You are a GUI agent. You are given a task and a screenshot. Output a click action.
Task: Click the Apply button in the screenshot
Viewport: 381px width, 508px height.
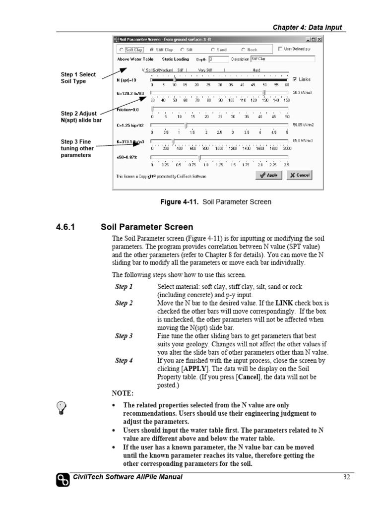pos(269,175)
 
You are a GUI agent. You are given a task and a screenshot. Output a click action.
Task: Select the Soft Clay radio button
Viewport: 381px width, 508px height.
pos(122,50)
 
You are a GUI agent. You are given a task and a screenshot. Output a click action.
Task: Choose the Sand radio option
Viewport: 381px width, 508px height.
pos(213,50)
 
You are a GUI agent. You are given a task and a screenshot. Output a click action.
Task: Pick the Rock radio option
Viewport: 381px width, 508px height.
pos(244,50)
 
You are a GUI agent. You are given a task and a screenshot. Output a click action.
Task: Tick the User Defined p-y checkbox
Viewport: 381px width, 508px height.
pos(281,49)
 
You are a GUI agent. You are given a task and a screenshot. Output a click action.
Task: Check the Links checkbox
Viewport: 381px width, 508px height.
pos(295,79)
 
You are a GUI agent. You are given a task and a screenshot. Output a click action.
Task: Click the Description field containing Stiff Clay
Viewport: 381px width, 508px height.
pos(283,59)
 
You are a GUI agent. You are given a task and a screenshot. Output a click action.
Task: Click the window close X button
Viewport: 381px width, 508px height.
pos(319,39)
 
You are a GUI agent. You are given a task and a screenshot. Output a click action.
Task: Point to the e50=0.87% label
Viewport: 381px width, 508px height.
pos(127,157)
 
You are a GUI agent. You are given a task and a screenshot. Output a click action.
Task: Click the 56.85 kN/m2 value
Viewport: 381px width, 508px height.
pos(302,125)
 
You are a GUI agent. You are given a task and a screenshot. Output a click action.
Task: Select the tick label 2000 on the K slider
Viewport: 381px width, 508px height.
pos(287,148)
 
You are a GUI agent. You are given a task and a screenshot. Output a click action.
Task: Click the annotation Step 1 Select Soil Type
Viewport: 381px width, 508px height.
pos(78,78)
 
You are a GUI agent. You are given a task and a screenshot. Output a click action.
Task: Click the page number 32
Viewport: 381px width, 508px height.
pos(347,477)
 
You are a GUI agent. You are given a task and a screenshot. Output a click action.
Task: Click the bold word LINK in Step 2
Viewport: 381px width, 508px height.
pos(285,303)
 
